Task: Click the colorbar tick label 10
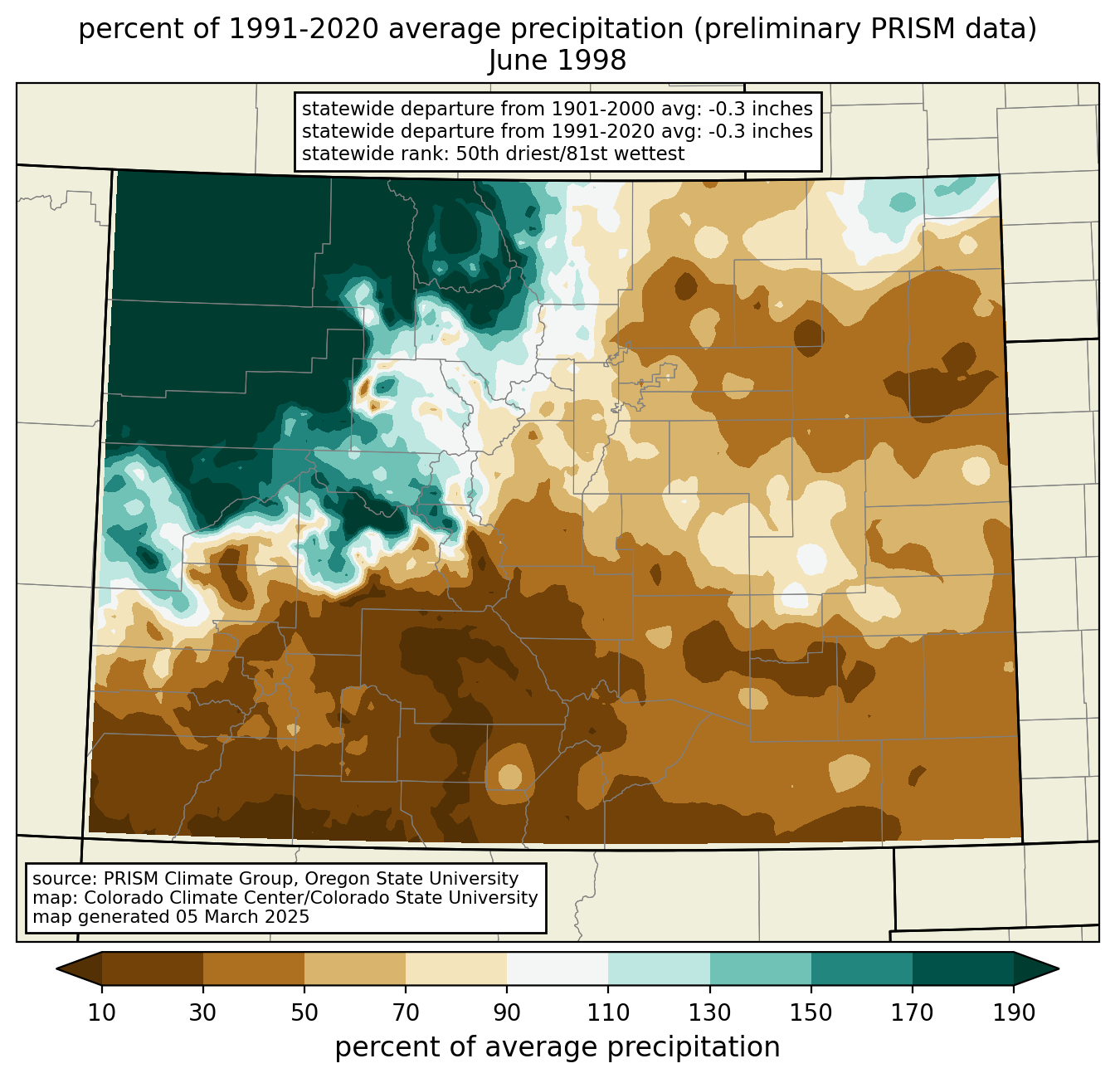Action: [101, 1012]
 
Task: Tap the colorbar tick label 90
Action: [507, 1012]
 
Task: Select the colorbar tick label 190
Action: [1014, 1012]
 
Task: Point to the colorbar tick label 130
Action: [709, 1012]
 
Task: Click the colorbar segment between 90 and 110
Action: [557, 968]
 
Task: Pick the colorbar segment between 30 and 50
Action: [253, 968]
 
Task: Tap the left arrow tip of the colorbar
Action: [56, 968]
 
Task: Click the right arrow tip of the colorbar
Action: [1059, 968]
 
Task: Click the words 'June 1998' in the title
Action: [557, 61]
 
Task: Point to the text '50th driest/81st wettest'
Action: [570, 154]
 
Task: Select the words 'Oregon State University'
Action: [411, 879]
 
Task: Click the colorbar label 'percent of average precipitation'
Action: [557, 1047]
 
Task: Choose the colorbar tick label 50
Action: [304, 1012]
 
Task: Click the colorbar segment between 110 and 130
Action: [659, 968]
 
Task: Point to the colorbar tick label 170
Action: [913, 1012]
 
